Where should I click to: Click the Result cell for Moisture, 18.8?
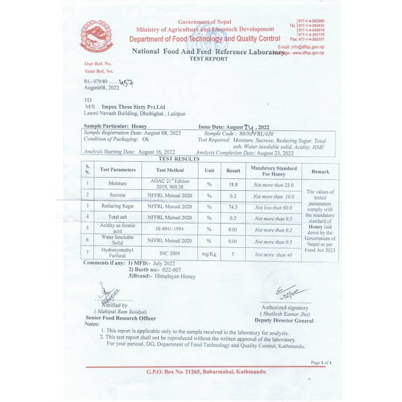pos(233,184)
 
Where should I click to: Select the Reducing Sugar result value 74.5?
pos(233,207)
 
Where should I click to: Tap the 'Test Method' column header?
pos(170,170)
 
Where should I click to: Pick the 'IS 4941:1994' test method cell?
pos(170,228)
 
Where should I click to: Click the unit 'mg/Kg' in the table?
pos(209,254)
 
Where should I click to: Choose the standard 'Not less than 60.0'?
pos(274,207)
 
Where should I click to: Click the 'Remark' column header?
pos(320,171)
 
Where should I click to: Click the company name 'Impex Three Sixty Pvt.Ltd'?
pos(133,106)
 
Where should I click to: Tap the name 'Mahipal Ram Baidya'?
pos(121,312)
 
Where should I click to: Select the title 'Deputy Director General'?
pos(284,320)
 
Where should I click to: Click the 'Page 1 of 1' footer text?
pos(321,362)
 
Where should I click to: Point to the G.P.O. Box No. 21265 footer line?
pos(206,371)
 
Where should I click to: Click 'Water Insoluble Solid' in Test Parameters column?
pos(117,240)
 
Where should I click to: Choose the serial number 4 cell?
pos(88,217)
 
